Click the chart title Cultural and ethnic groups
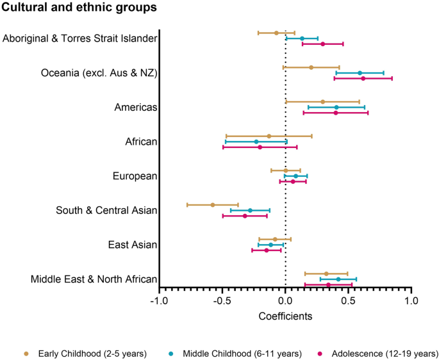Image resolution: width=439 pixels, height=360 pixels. click(x=78, y=8)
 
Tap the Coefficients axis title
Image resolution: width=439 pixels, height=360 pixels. click(x=285, y=316)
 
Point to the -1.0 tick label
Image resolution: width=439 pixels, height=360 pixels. click(x=159, y=301)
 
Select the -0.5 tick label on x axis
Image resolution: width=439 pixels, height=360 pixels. click(x=222, y=301)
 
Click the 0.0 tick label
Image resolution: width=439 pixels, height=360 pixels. click(x=285, y=301)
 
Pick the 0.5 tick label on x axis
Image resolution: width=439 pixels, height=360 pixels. click(x=348, y=301)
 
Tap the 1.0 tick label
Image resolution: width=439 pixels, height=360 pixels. click(x=411, y=301)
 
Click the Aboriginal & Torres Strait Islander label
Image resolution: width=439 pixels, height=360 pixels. click(x=80, y=38)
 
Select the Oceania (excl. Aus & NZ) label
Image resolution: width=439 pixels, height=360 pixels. click(x=99, y=73)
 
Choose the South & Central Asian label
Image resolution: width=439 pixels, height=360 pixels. click(x=106, y=210)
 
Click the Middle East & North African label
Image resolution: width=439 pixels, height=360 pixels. click(x=94, y=279)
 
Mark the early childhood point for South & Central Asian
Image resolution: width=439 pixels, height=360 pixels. click(x=213, y=205)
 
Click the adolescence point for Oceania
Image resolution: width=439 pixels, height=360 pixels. click(x=363, y=79)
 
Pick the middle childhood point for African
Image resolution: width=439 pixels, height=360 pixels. click(x=256, y=142)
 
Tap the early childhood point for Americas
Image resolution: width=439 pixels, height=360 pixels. click(x=323, y=102)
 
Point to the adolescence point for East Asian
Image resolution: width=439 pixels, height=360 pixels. click(x=267, y=250)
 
